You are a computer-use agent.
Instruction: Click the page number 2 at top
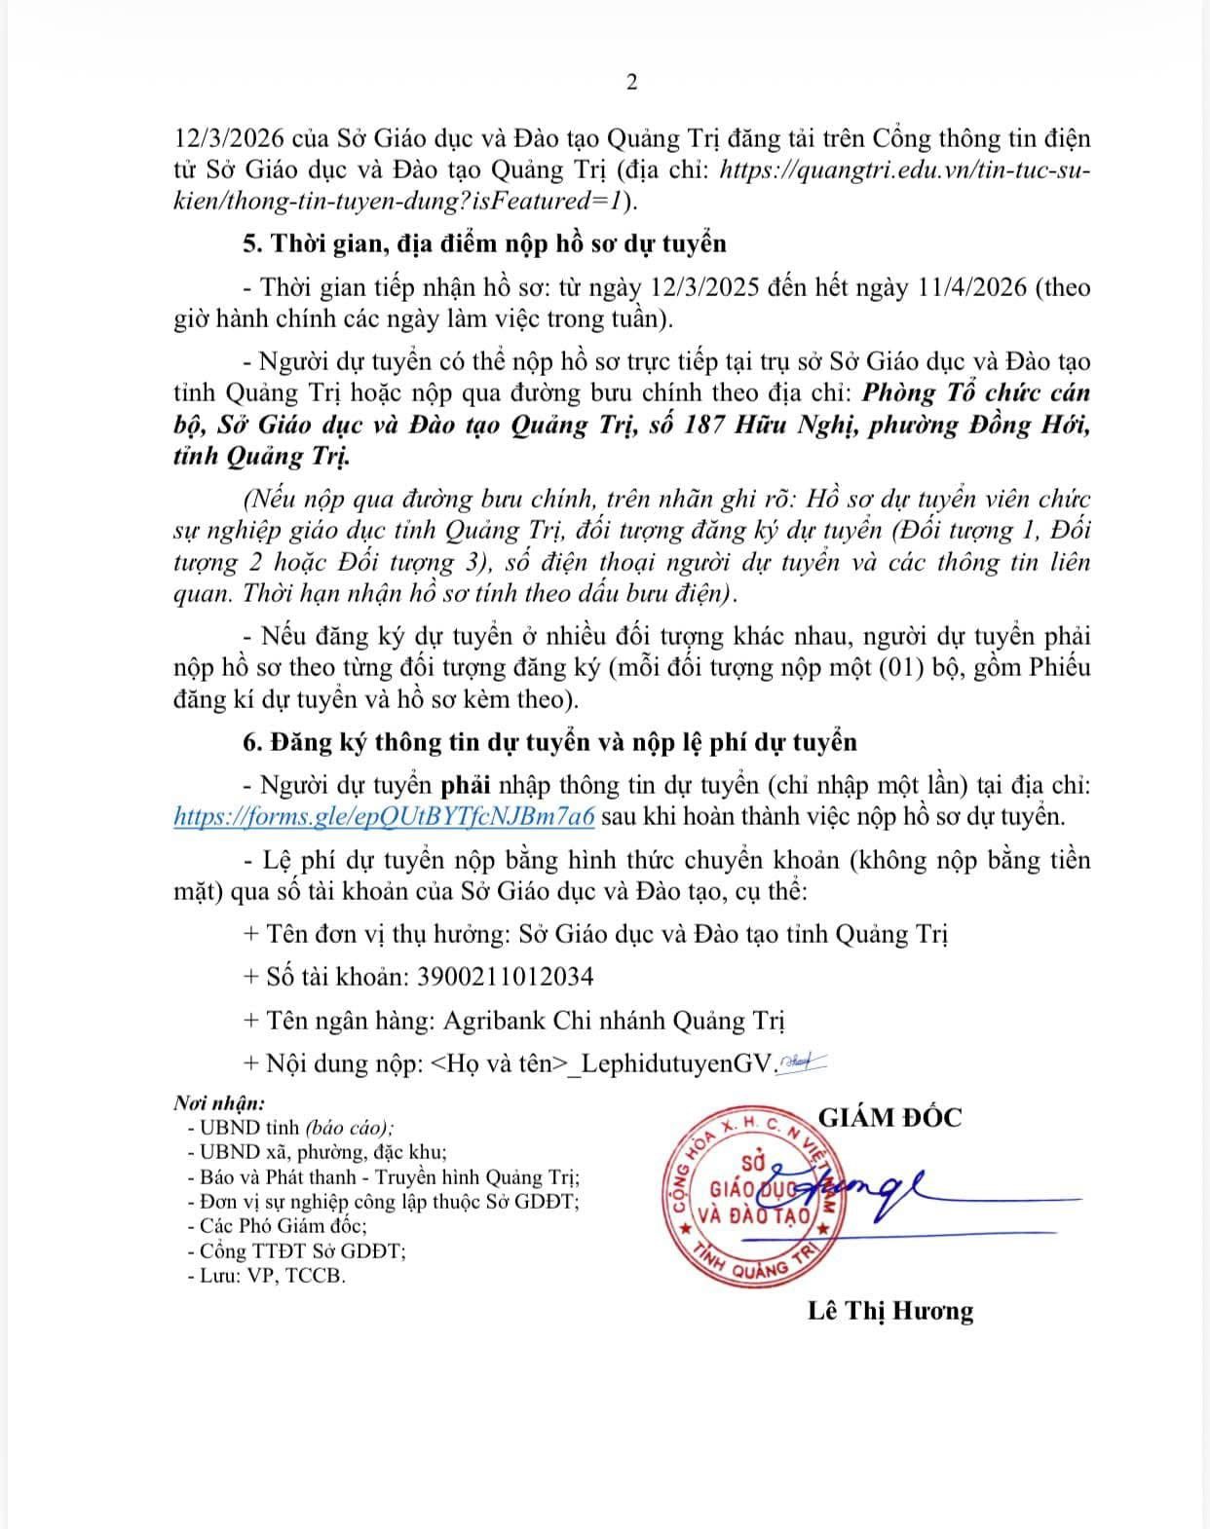(x=631, y=83)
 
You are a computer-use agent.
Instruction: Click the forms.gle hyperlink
(x=384, y=816)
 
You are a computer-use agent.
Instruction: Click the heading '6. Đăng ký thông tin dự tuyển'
(x=549, y=742)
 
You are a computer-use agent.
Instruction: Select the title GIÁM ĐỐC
(x=889, y=1116)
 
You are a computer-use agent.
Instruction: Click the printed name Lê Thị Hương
(x=889, y=1310)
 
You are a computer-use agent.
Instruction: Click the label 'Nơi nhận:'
(x=219, y=1103)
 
